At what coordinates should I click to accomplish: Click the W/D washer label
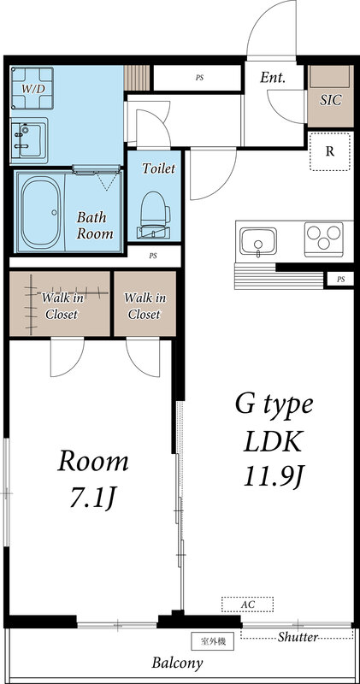33,88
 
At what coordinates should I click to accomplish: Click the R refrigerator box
329,152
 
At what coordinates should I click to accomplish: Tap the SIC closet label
330,100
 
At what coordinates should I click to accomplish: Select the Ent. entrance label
272,78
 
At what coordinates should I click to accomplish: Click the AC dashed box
247,604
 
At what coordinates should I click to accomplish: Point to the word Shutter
298,637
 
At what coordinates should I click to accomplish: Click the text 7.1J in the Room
93,497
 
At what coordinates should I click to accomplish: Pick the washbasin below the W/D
30,138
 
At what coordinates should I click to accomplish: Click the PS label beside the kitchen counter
340,279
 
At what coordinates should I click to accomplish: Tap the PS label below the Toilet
153,255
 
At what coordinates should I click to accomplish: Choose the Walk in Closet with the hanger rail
60,305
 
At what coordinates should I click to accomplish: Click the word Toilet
158,168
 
